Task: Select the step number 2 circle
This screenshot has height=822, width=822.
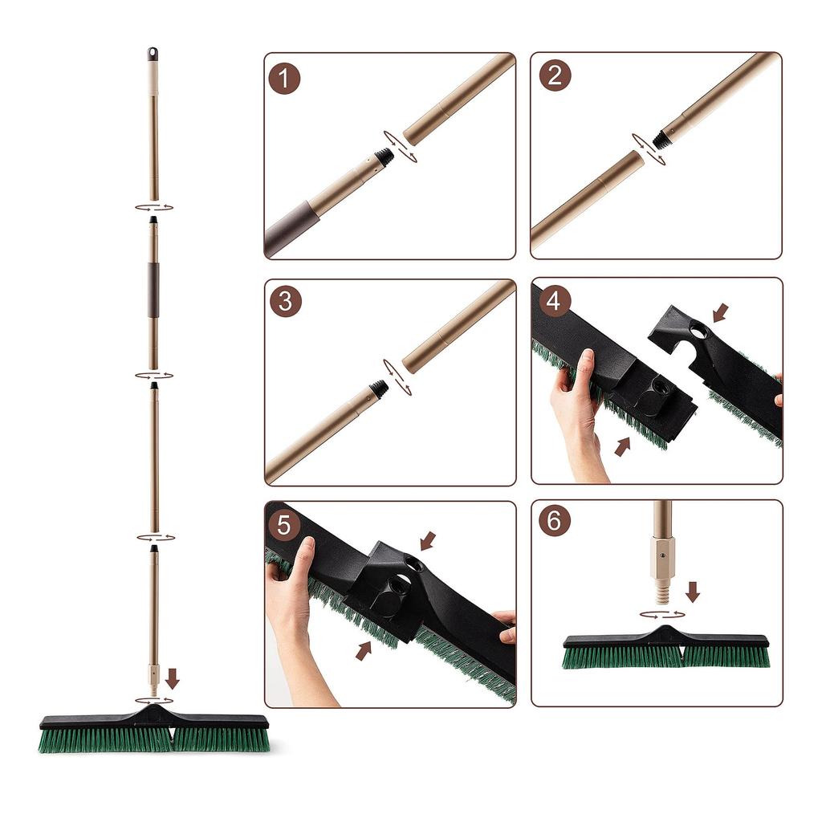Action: pos(555,76)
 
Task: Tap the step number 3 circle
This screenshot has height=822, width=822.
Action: pos(284,302)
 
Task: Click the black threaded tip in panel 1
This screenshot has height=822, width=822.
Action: pos(386,156)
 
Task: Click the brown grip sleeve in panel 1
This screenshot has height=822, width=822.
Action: pos(293,227)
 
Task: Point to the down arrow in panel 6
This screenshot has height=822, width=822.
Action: pos(693,592)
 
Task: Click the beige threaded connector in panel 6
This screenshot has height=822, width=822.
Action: pos(662,570)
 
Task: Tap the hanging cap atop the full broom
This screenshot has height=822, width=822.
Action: pos(152,55)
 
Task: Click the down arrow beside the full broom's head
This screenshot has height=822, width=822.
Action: pos(172,679)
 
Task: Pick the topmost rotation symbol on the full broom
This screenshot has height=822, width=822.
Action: pos(153,207)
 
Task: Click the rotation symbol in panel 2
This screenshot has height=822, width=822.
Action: pos(647,149)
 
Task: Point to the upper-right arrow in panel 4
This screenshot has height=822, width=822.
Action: pos(720,312)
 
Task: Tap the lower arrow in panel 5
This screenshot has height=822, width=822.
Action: pos(364,650)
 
